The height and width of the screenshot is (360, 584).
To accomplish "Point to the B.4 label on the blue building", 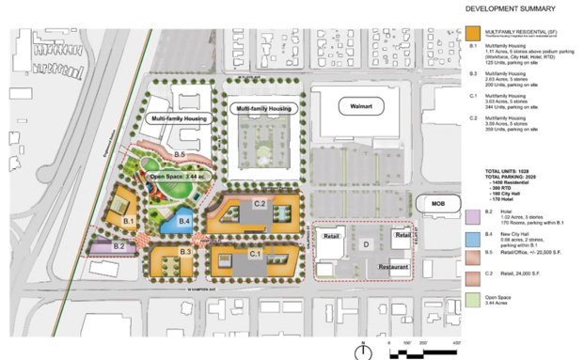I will tap(185, 222).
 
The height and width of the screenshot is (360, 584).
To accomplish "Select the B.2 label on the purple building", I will tap(119, 246).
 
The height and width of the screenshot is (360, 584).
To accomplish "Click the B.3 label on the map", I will tap(186, 252).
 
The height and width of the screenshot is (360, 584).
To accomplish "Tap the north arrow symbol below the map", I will tap(363, 350).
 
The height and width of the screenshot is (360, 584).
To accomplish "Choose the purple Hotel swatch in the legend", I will tap(473, 214).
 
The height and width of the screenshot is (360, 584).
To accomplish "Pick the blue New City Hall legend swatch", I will tap(473, 235).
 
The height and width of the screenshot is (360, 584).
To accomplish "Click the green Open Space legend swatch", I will tap(473, 299).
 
